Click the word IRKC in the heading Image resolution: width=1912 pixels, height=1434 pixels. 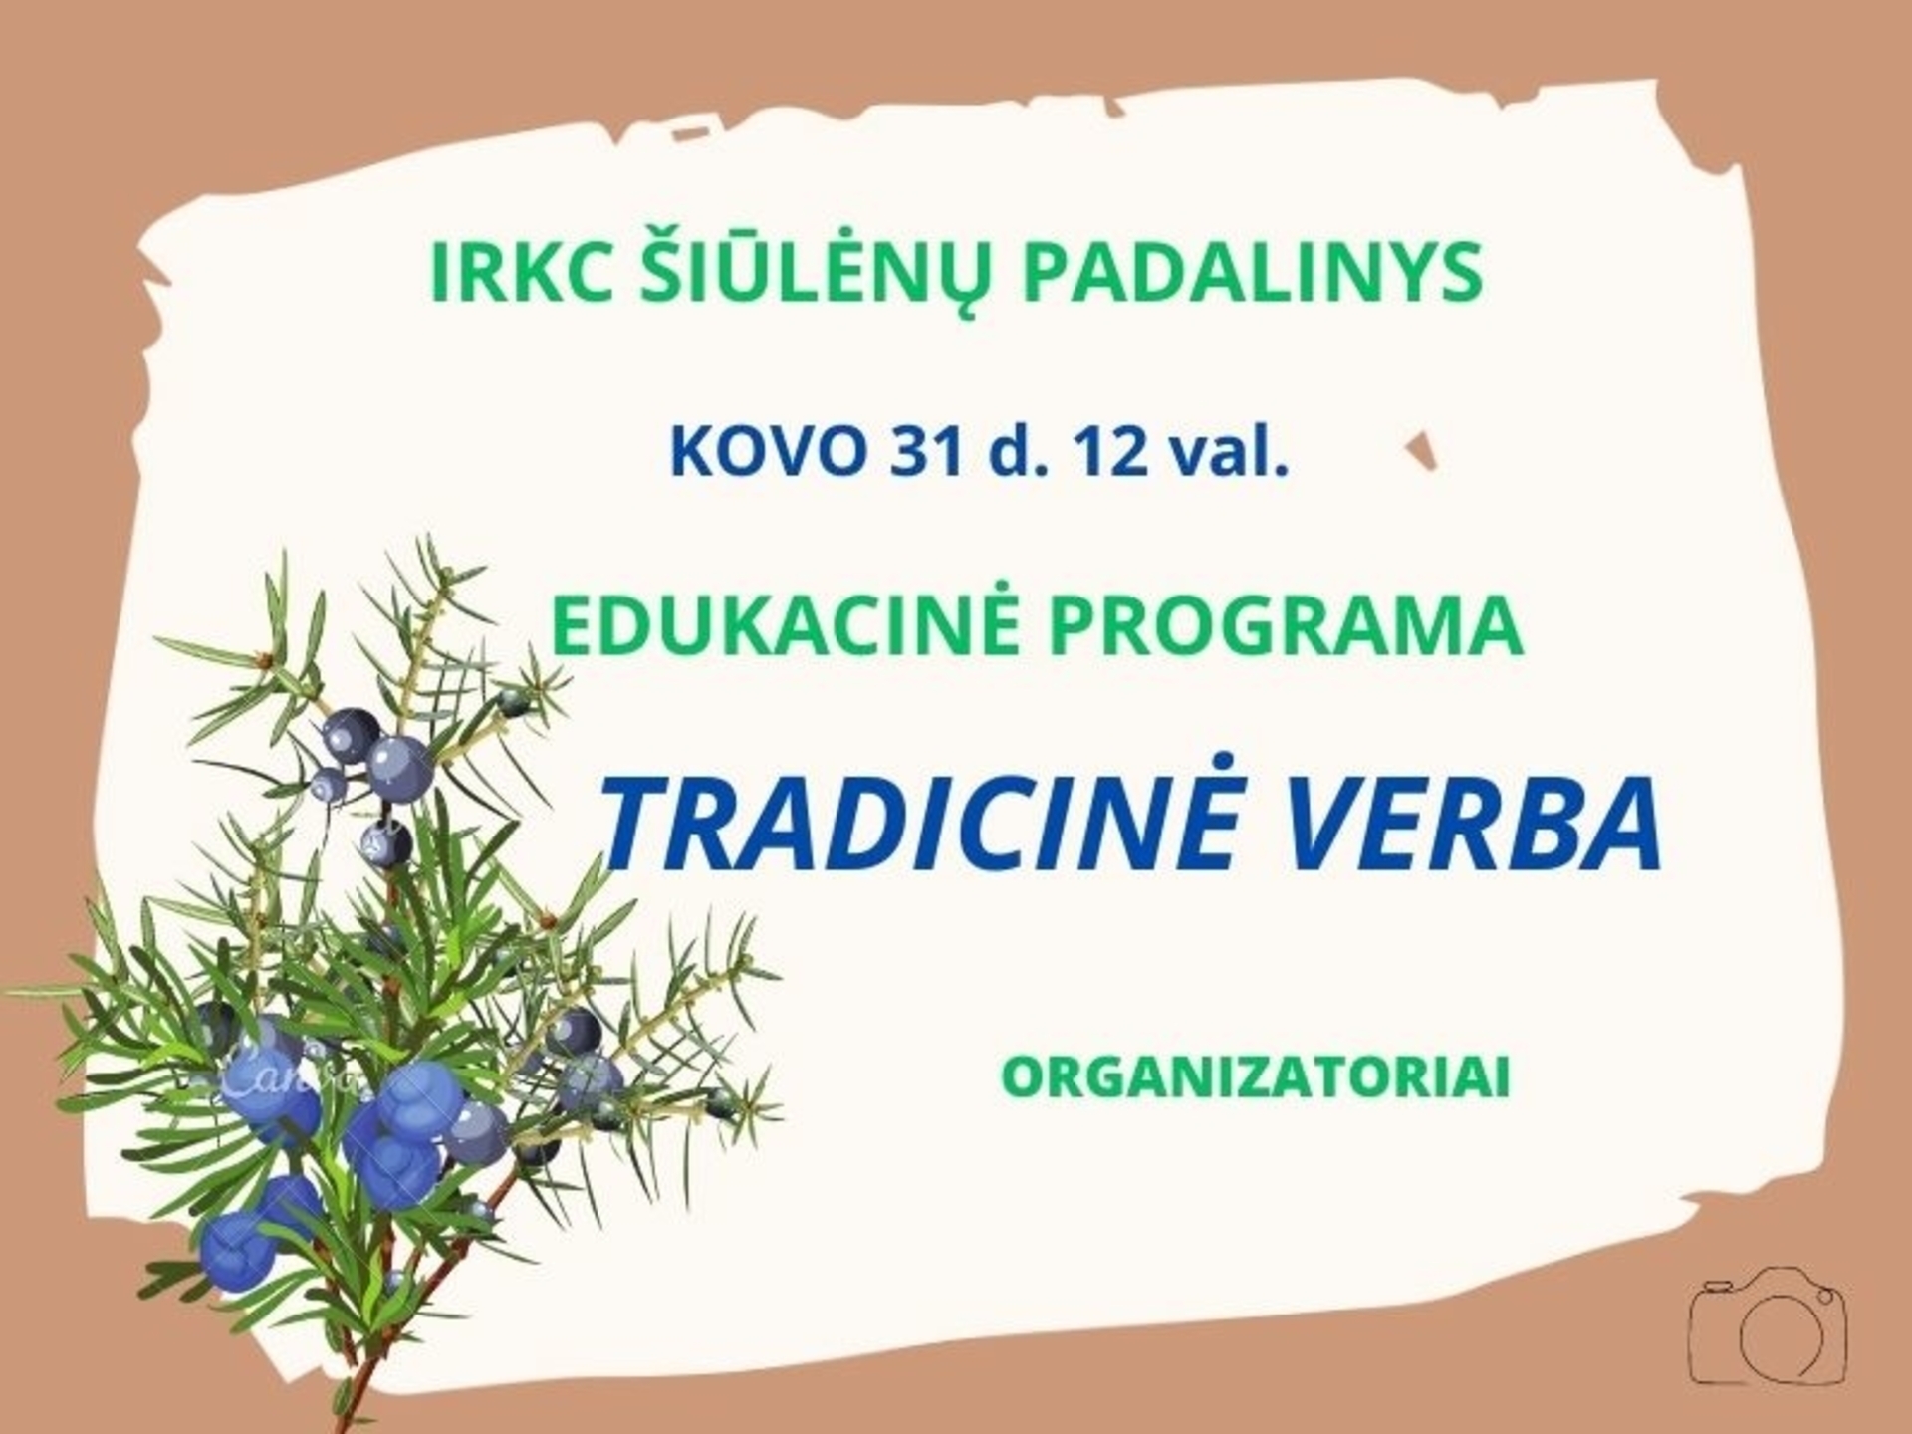click(519, 273)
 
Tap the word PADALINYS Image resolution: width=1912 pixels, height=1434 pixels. click(1253, 273)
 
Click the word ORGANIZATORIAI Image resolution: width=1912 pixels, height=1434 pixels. click(1256, 1078)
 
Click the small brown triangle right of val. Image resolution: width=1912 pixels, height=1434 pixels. click(1422, 451)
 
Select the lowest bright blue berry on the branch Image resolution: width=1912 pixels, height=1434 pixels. click(237, 1251)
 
